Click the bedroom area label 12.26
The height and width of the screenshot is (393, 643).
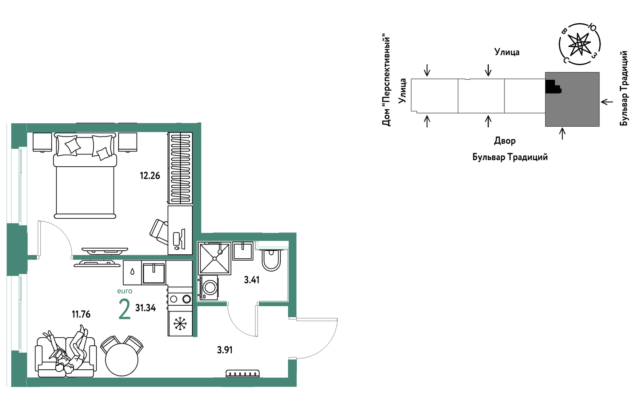pos(150,176)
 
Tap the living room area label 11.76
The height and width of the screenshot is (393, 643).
pos(81,314)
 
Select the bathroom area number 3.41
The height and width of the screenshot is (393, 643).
pos(252,280)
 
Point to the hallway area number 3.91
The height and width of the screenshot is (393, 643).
pos(225,350)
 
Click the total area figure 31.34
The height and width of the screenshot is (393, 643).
pos(145,308)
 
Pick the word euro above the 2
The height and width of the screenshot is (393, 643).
pos(125,291)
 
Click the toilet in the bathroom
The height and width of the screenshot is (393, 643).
pos(271,259)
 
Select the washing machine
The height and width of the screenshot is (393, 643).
pos(209,287)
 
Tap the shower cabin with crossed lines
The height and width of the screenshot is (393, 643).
pos(215,258)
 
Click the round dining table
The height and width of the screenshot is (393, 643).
pos(122,359)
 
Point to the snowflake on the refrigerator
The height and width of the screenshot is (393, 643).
pos(180,323)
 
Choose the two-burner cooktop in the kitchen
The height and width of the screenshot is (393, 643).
pos(180,299)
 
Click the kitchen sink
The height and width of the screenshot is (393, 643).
pos(154,273)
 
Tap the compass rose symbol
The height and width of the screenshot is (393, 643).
pos(579,44)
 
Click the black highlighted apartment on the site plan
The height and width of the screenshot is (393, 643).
pos(552,86)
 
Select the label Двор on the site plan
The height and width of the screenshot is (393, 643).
pos(505,141)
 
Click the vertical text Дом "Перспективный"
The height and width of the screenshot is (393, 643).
pos(386,80)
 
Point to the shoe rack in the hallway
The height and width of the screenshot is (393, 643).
pos(243,373)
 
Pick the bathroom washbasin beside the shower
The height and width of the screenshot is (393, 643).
pos(243,251)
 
